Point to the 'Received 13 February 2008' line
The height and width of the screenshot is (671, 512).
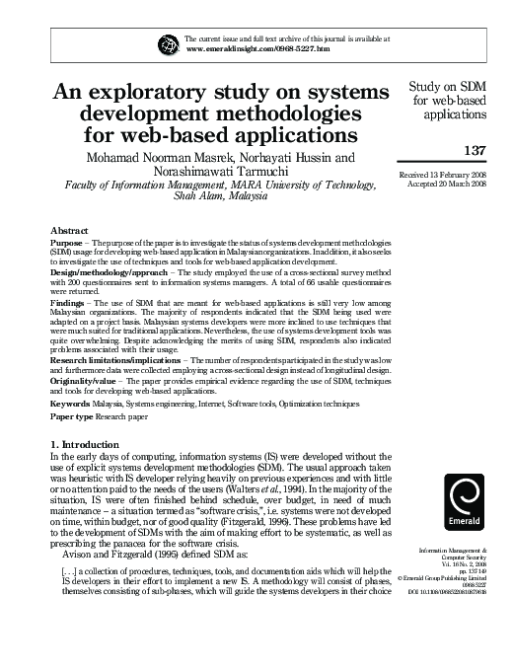(x=448, y=174)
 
